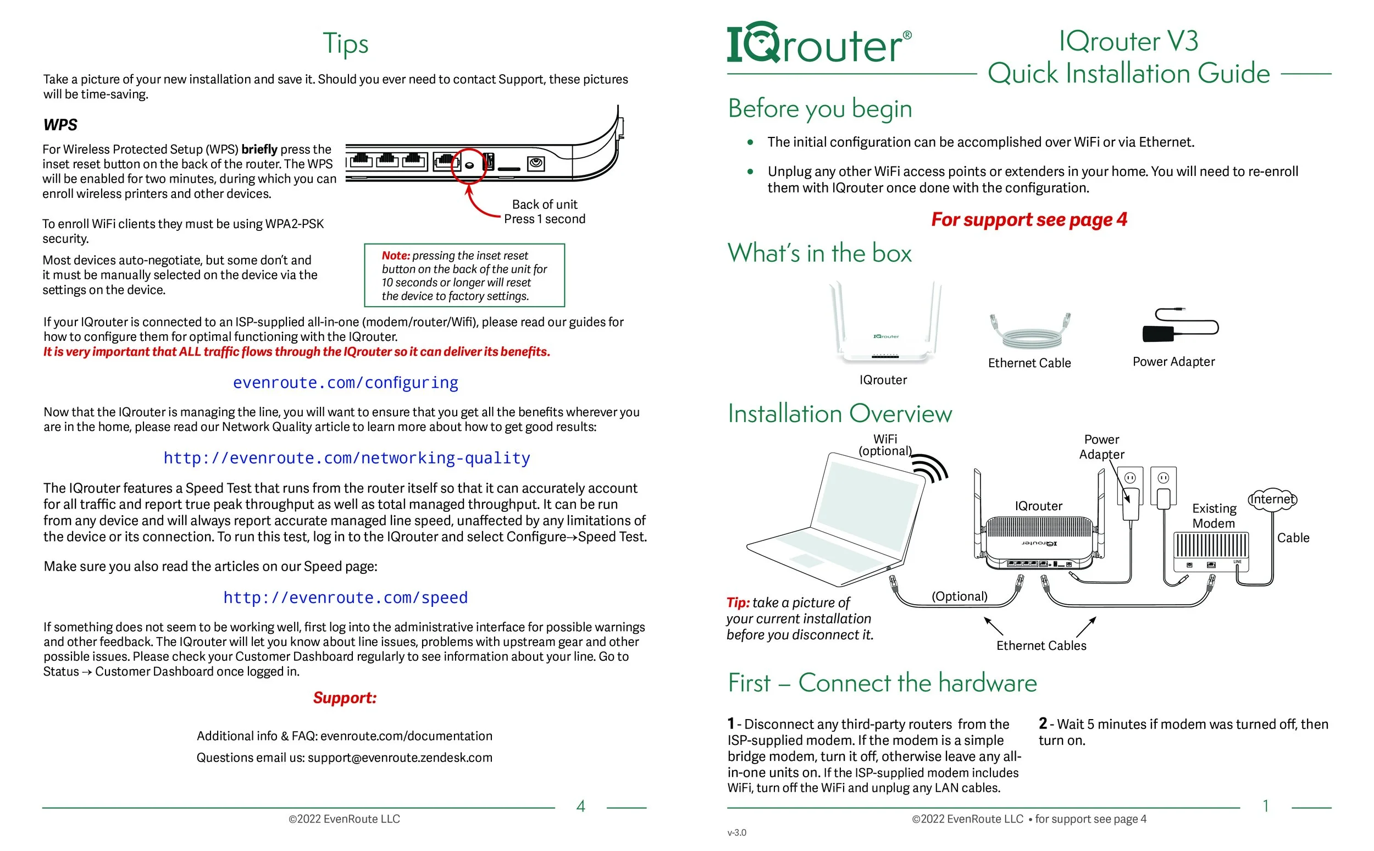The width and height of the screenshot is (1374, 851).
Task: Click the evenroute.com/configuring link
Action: (x=346, y=383)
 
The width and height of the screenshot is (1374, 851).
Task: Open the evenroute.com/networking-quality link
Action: (x=347, y=458)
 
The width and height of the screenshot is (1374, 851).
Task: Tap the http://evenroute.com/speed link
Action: (x=346, y=598)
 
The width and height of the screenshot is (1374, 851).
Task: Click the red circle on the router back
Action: (x=469, y=166)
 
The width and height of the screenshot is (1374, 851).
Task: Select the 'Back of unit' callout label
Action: (x=545, y=205)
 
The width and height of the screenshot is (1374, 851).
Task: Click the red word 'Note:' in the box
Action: (x=396, y=256)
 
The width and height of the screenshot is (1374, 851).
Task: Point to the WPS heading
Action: (x=60, y=125)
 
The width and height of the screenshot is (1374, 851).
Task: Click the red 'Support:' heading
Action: (x=345, y=698)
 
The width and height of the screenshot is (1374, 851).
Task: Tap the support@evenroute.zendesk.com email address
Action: (x=400, y=758)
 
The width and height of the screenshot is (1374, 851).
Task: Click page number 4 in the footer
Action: (x=581, y=806)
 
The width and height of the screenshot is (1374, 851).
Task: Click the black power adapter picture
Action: (x=1180, y=326)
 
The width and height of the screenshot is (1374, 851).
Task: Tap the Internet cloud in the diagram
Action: (x=1272, y=499)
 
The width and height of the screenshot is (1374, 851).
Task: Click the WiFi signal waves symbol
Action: (x=930, y=468)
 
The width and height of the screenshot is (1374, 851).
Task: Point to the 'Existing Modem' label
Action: (x=1214, y=516)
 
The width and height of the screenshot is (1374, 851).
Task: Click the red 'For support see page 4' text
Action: (x=1029, y=219)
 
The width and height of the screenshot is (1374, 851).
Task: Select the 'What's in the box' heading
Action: (x=819, y=253)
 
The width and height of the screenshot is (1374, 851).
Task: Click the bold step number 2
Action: (x=1043, y=723)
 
